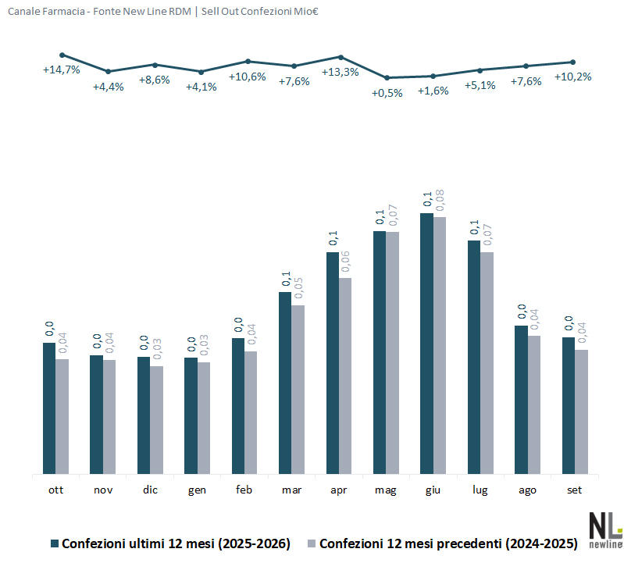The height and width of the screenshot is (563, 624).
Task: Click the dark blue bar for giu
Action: coord(426,344)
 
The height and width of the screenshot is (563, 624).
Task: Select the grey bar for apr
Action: coord(345,376)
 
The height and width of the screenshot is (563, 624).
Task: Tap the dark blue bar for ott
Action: coord(49,408)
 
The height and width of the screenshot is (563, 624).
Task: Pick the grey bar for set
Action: coord(581,412)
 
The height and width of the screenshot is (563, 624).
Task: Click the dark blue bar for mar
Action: coord(285,383)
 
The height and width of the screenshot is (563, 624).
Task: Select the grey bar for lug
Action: coord(487,363)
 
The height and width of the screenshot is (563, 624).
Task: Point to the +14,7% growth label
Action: coord(61,70)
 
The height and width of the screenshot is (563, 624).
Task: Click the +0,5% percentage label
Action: coord(387,94)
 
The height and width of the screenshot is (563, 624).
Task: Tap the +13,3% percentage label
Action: coord(341,73)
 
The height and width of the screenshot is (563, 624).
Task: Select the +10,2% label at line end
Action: coord(572,77)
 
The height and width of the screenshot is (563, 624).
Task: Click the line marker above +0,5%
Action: coord(387,77)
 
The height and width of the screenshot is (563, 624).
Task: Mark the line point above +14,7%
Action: coord(62,55)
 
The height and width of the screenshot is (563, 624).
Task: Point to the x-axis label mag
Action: coord(385,490)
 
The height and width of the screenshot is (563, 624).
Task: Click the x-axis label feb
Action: coord(244,490)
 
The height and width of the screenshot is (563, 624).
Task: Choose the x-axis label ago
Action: coord(527,490)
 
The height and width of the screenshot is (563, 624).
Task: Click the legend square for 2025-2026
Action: coord(55,543)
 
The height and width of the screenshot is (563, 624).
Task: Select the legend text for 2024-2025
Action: coord(448,543)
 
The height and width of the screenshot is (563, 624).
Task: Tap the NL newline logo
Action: coord(606,530)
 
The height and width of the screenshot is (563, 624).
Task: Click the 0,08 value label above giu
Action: coord(440,200)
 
